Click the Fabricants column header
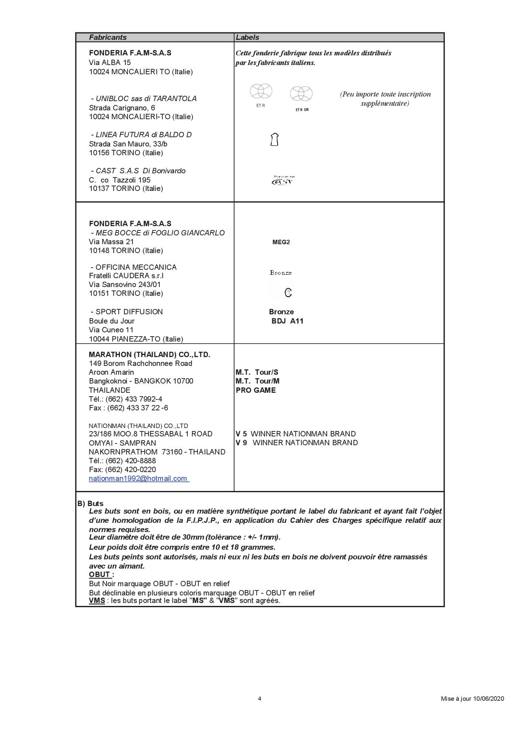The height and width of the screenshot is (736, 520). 108,37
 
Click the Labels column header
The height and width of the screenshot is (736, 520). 247,37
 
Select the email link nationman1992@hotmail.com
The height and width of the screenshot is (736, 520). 138,478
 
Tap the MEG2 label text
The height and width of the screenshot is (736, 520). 281,242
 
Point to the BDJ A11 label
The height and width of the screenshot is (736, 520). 287,321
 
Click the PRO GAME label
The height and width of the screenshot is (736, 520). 256,390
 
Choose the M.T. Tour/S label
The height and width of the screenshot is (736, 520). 257,372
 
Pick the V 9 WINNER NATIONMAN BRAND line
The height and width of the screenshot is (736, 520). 296,443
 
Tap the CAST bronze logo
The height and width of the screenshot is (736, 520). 283,181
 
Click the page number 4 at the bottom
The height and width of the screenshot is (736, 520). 260,699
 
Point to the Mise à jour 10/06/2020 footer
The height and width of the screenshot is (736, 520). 472,699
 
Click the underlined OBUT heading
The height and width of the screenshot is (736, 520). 100,574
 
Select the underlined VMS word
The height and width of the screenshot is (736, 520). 97,600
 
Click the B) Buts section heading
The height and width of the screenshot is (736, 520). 91,504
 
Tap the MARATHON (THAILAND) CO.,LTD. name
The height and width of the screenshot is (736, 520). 149,355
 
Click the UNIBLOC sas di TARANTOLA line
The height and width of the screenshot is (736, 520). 144,99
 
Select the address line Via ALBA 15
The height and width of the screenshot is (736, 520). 110,63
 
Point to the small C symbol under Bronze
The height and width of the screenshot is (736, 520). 288,293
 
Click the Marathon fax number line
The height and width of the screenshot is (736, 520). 128,408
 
